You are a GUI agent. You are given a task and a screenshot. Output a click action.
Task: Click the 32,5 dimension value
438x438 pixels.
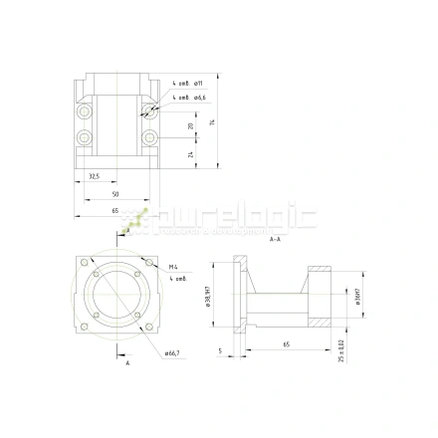pos(93,175)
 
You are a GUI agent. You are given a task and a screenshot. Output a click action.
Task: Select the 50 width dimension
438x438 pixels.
pos(114,193)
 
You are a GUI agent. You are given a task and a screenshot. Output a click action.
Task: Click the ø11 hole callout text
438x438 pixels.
pos(198,81)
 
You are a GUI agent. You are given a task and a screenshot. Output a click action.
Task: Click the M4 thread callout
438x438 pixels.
pos(173,267)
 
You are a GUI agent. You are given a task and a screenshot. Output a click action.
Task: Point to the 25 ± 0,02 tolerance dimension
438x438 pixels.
pos(341,350)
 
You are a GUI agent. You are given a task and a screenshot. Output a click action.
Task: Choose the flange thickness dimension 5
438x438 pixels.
pos(219,350)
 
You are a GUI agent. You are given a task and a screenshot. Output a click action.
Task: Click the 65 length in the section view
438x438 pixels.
pos(286,343)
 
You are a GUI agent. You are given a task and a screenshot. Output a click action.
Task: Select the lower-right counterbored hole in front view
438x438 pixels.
pos(149,137)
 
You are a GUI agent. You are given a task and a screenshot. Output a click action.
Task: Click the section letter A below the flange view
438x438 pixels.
pos(127,363)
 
